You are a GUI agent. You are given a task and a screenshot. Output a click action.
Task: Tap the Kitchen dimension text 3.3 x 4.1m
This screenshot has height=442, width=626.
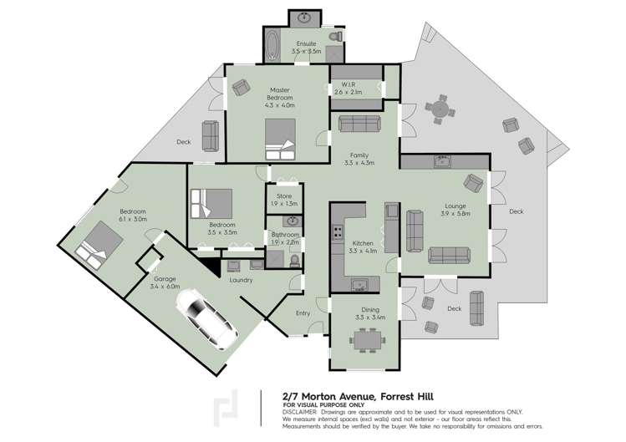click(x=363, y=251)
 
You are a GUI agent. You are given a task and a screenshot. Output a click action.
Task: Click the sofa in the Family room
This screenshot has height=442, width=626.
click(x=359, y=124)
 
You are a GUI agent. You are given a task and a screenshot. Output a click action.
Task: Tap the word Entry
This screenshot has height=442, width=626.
click(x=303, y=313)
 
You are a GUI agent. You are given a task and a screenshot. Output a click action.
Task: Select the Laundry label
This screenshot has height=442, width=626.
click(x=241, y=280)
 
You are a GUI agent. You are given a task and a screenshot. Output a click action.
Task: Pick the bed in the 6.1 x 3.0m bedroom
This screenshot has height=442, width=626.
click(x=98, y=241)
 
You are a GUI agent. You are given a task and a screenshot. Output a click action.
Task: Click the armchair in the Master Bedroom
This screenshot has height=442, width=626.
click(x=241, y=87)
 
